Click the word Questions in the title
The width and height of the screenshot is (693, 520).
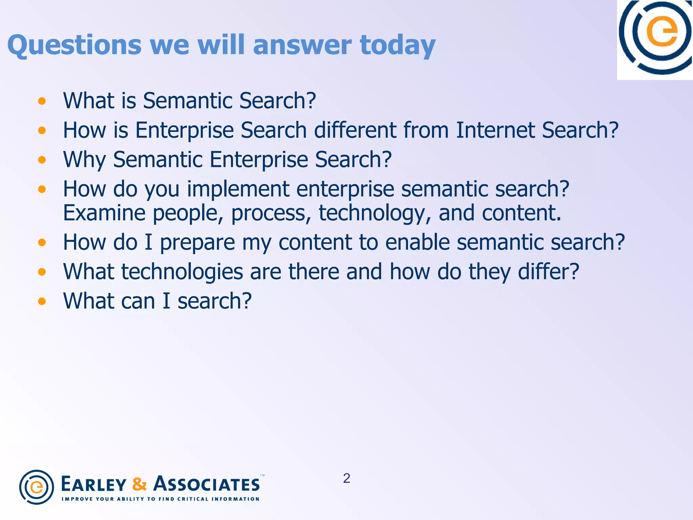[x=74, y=45]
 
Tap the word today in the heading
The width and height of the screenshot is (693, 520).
[x=398, y=45]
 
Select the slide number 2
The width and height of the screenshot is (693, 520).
[x=346, y=478]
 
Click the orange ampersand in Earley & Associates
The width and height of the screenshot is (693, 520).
[x=139, y=484]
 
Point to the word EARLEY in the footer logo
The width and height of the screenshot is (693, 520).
[x=94, y=484]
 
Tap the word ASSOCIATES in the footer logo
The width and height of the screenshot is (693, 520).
[x=207, y=484]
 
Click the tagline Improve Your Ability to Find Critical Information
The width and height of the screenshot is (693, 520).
[x=160, y=499]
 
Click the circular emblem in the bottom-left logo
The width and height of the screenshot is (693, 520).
[x=37, y=487]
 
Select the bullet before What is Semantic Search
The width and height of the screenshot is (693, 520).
[x=42, y=101]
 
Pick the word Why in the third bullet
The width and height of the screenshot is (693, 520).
[x=84, y=159]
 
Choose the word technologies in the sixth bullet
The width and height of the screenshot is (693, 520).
[x=182, y=272]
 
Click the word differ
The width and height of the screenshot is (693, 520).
[x=549, y=272]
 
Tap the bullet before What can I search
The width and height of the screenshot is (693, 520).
[x=42, y=301]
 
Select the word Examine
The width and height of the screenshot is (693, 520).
[x=105, y=213]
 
